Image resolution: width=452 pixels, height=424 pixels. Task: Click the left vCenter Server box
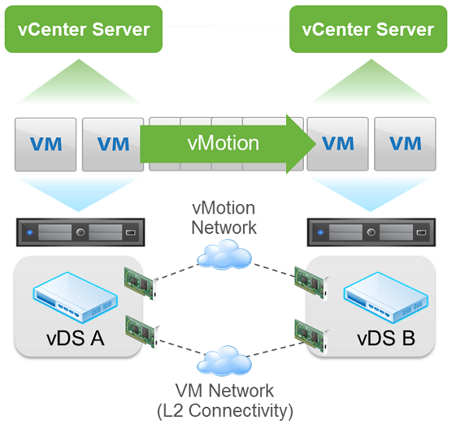[83, 29]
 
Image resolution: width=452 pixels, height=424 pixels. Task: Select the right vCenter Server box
[368, 29]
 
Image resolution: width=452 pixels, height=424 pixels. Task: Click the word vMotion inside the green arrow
[223, 143]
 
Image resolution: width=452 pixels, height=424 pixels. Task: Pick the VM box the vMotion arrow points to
[337, 144]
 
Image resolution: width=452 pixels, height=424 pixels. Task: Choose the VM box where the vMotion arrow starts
[112, 144]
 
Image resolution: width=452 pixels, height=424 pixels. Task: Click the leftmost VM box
[46, 144]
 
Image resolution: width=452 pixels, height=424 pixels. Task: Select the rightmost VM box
[404, 144]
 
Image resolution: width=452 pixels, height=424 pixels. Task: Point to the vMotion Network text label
[224, 218]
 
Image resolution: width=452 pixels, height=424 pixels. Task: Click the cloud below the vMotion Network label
[224, 255]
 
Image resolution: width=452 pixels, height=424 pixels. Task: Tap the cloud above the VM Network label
[224, 362]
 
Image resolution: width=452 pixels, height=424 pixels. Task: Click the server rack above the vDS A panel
[79, 232]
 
